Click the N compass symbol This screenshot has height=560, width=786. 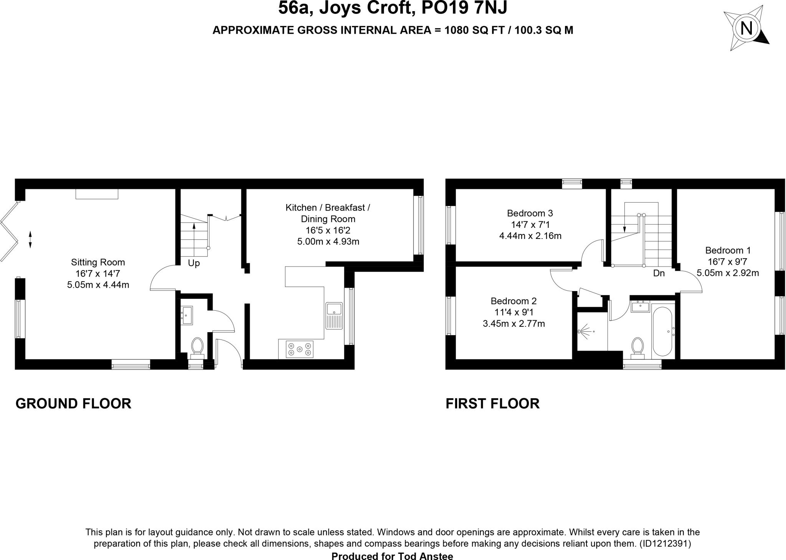pyautogui.click(x=746, y=28)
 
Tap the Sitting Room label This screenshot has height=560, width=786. pyautogui.click(x=98, y=262)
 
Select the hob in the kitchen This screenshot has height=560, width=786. pyautogui.click(x=299, y=349)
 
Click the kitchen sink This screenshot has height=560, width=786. pyautogui.click(x=334, y=316)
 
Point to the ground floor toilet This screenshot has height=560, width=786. pyautogui.click(x=197, y=347)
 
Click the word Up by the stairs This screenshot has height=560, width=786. pyautogui.click(x=193, y=264)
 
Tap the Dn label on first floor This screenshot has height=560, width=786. pyautogui.click(x=659, y=273)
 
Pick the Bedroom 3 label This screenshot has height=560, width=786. pyautogui.click(x=530, y=213)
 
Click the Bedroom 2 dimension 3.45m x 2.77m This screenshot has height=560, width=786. pyautogui.click(x=514, y=324)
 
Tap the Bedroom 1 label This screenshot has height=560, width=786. pyautogui.click(x=728, y=250)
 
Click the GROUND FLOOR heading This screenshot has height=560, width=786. pyautogui.click(x=73, y=404)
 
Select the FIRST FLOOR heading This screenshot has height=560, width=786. pyautogui.click(x=492, y=404)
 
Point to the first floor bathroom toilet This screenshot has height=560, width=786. pyautogui.click(x=637, y=347)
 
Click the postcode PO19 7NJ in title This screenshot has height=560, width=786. pyautogui.click(x=464, y=8)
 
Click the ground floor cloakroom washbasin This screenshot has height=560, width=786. pyautogui.click(x=187, y=315)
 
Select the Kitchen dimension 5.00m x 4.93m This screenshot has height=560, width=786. pyautogui.click(x=328, y=242)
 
